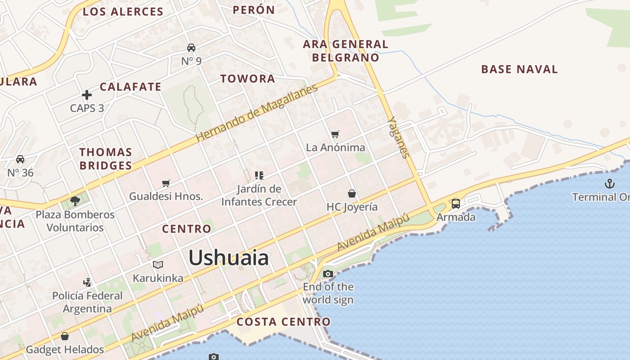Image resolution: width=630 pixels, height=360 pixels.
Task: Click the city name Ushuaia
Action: click(x=229, y=258)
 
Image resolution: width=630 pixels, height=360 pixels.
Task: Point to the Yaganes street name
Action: click(x=399, y=138)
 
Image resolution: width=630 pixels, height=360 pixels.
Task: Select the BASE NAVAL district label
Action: click(x=519, y=69)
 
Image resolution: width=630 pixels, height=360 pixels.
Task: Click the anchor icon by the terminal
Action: click(x=609, y=183)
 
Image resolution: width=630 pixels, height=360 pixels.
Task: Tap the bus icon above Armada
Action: click(x=456, y=204)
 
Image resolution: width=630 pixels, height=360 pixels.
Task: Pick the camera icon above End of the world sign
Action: click(x=328, y=274)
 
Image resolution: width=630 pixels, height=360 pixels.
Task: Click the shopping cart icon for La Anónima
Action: click(x=335, y=134)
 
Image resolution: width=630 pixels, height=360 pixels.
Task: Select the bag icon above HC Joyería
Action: click(x=352, y=193)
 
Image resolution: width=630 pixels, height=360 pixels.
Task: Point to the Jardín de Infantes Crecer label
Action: click(x=259, y=195)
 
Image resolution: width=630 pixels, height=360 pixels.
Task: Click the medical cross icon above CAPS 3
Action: click(x=87, y=95)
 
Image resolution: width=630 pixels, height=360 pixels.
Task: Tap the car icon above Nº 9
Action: click(x=191, y=48)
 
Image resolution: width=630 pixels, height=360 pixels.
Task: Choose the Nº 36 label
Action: click(x=20, y=172)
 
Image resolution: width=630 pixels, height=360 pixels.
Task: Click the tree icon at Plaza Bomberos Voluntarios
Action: click(x=75, y=201)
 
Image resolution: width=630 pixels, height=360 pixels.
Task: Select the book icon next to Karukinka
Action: click(x=157, y=265)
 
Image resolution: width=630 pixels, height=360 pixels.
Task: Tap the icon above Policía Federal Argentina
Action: click(x=87, y=283)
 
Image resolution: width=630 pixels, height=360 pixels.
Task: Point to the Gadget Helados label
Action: click(x=65, y=349)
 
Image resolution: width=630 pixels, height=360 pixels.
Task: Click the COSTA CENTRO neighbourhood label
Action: click(x=283, y=322)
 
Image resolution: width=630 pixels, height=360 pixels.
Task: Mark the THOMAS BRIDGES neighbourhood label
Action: click(x=106, y=159)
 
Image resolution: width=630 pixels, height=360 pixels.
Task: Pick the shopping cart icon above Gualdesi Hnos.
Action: click(x=166, y=183)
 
